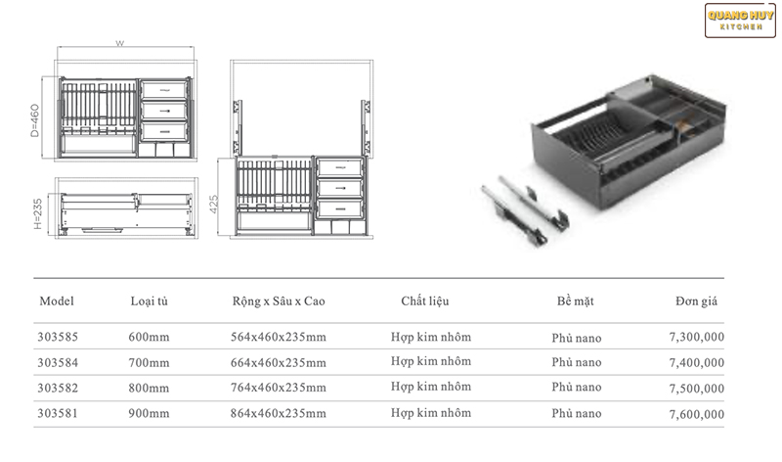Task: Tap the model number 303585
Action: [57, 337]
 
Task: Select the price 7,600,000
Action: [698, 414]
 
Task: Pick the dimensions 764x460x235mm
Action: [279, 388]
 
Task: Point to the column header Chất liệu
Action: [424, 301]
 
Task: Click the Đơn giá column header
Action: [696, 301]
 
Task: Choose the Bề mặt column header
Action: [576, 301]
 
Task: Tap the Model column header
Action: [57, 301]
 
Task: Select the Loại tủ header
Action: [150, 301]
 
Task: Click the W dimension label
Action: [118, 43]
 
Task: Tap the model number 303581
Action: [57, 413]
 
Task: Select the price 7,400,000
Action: [698, 363]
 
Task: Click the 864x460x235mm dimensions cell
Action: [279, 413]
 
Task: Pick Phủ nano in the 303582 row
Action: [576, 388]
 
